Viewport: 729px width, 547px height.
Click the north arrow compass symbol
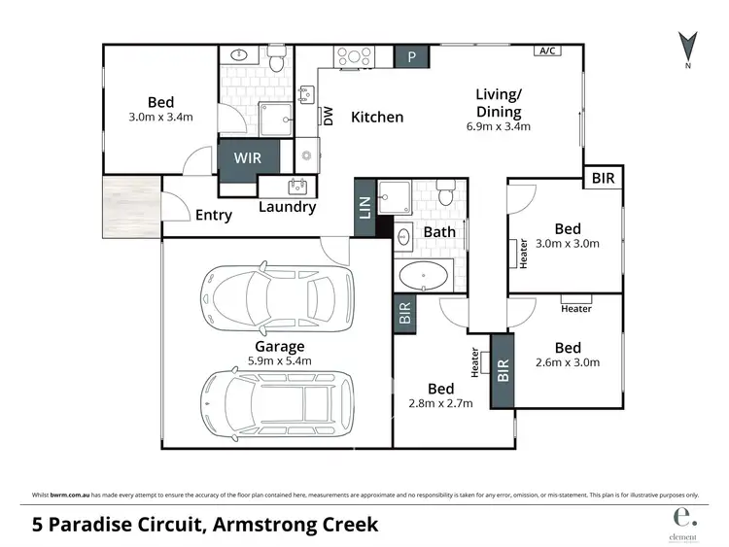687,48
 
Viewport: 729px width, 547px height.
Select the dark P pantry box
411,57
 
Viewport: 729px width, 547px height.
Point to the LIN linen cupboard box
365,210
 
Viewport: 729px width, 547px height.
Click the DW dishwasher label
329,117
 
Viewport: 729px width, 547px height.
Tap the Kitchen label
377,118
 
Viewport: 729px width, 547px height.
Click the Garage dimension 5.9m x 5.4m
280,361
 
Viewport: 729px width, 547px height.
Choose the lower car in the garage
277,398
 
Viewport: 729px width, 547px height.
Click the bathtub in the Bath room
425,276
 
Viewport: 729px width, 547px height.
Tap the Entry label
214,215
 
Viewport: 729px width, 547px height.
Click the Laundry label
287,207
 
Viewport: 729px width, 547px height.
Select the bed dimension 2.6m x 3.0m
569,363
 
